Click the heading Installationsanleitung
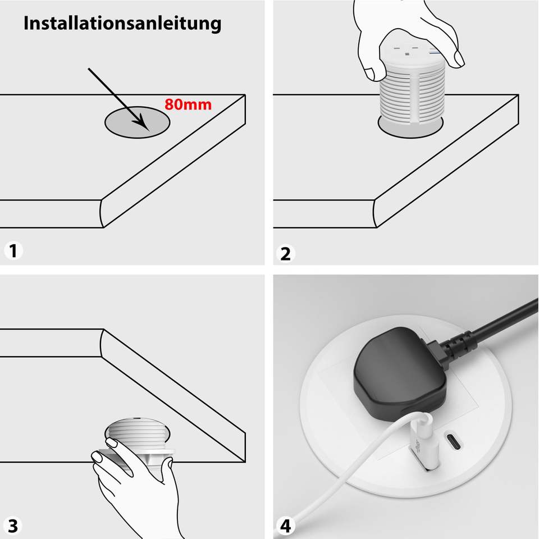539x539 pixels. (x=122, y=24)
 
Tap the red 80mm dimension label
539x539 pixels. (x=188, y=104)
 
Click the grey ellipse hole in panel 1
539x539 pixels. (x=137, y=122)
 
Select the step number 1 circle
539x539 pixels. (x=13, y=250)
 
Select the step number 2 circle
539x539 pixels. (x=285, y=254)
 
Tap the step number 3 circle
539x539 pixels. (x=13, y=526)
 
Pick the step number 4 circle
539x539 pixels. (x=285, y=526)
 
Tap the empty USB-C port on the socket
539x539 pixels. (x=454, y=442)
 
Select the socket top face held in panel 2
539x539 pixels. (x=413, y=53)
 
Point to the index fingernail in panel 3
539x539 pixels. (x=111, y=443)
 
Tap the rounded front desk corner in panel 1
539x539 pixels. (x=102, y=213)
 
